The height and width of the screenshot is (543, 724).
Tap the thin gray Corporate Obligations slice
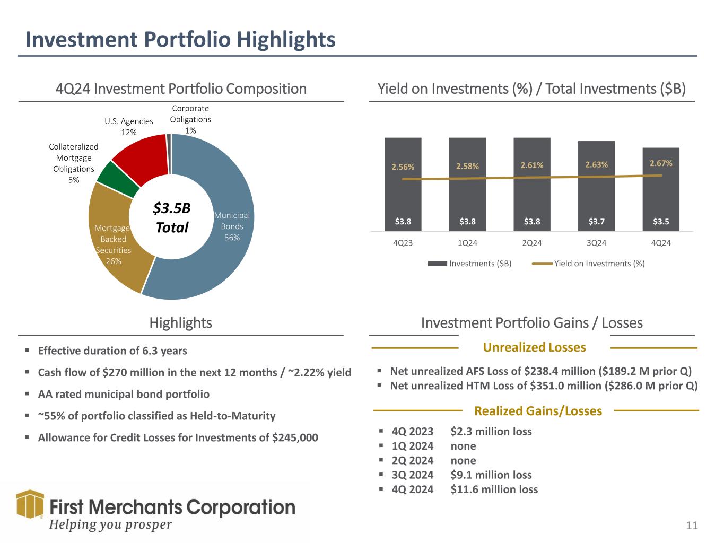(x=169, y=154)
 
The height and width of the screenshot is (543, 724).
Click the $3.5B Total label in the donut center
(x=172, y=217)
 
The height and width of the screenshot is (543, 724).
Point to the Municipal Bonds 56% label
(x=232, y=226)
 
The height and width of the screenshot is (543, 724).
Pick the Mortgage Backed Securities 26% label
(x=113, y=244)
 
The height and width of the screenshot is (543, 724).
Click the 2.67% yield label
(x=661, y=163)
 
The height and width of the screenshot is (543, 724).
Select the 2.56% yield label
(x=403, y=167)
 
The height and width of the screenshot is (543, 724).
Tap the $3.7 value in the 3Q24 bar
(x=596, y=221)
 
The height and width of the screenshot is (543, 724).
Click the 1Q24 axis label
(x=467, y=243)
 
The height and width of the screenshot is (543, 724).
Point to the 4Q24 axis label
(x=661, y=243)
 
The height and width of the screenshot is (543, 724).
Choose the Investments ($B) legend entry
(x=469, y=264)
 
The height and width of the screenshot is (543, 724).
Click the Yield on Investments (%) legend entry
(x=588, y=264)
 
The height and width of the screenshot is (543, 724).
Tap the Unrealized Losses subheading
(x=534, y=347)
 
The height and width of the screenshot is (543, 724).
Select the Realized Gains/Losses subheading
(x=538, y=411)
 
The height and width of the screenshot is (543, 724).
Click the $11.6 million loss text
(x=494, y=489)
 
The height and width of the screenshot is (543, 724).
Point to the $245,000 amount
(x=295, y=437)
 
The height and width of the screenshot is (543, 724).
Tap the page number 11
(x=692, y=526)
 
